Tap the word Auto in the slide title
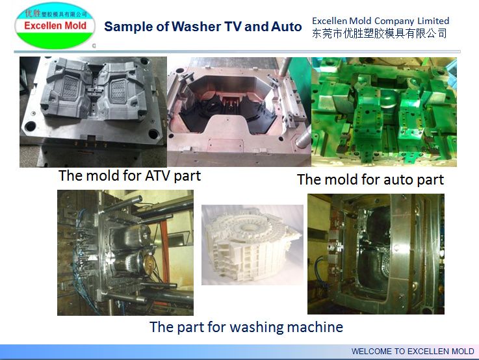(x=286, y=27)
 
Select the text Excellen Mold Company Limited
(x=380, y=21)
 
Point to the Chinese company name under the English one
(x=380, y=33)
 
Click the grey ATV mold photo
(x=92, y=112)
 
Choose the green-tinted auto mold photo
(x=384, y=112)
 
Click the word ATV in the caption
(x=140, y=175)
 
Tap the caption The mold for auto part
(x=370, y=179)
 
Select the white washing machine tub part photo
(x=252, y=244)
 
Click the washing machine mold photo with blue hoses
(x=125, y=252)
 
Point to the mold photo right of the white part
(x=376, y=253)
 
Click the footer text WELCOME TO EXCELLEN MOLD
(x=413, y=352)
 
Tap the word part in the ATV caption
(x=187, y=175)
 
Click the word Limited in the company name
(x=431, y=21)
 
